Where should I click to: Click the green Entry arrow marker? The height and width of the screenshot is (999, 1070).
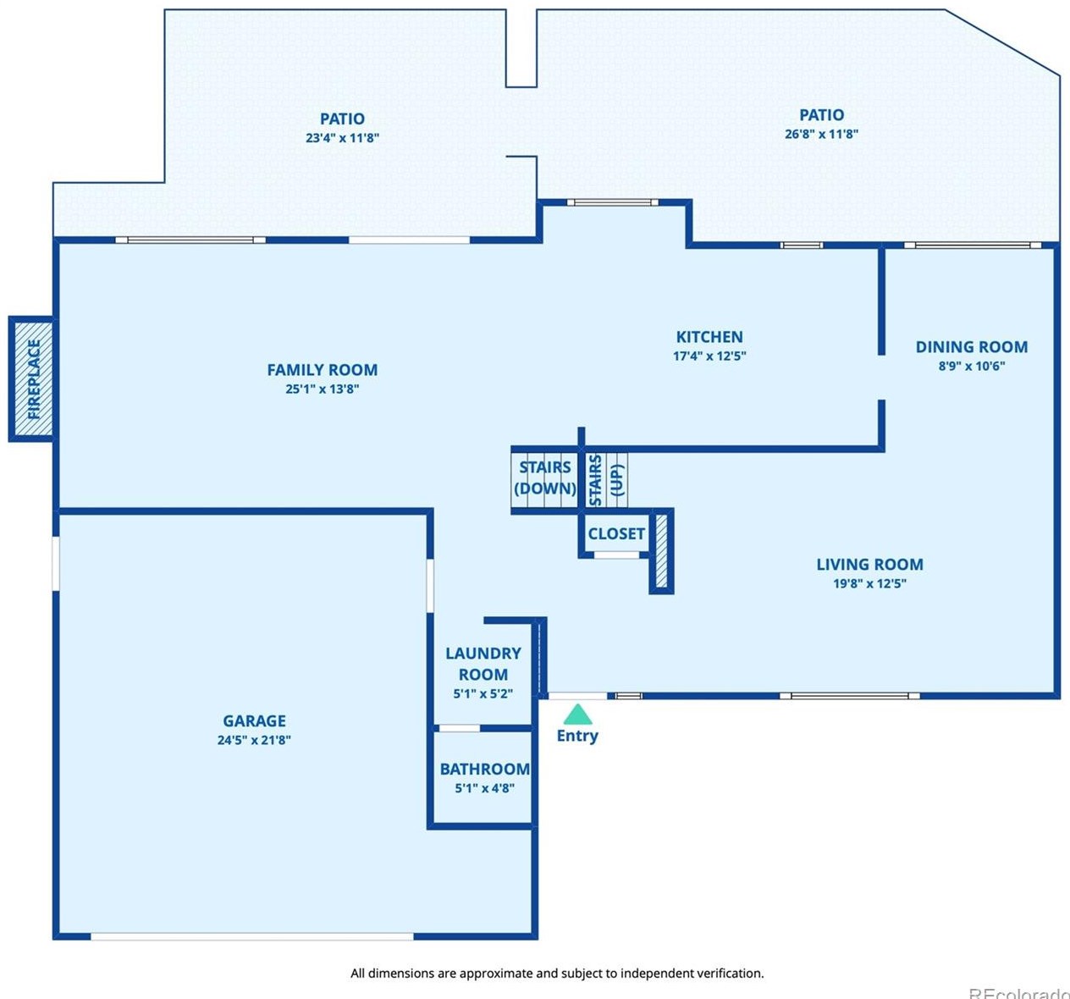pos(577,715)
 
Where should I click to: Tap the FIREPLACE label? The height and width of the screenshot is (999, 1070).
pos(34,379)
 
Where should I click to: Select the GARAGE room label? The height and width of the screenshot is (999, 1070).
pos(254,720)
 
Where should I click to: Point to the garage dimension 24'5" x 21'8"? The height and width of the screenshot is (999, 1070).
pos(254,740)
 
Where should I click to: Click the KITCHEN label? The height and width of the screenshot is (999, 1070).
pos(709,337)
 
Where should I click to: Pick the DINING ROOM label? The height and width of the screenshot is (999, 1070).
pos(972,347)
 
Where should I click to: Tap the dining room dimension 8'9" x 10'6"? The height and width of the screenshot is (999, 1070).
pos(972,367)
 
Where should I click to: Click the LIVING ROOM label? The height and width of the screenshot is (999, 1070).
pos(869,564)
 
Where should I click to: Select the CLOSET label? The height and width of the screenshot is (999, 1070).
pos(616,533)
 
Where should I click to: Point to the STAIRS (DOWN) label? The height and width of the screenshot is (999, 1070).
pos(545,478)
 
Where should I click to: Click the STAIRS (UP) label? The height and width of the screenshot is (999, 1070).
pos(606,480)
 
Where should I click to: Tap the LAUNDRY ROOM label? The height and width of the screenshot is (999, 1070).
pos(483,663)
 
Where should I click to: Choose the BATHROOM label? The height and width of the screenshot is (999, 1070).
pos(485,769)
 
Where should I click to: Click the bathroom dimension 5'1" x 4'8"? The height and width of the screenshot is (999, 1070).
pos(485,788)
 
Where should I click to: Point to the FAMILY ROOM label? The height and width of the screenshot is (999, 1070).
pos(323,370)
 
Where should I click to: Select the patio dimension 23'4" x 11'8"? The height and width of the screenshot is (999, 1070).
pos(343,138)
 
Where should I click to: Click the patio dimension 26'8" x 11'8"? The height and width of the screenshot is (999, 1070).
pos(822,134)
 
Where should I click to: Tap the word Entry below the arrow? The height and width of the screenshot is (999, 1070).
pos(577,736)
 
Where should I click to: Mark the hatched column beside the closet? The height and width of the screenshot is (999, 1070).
pos(662,551)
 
